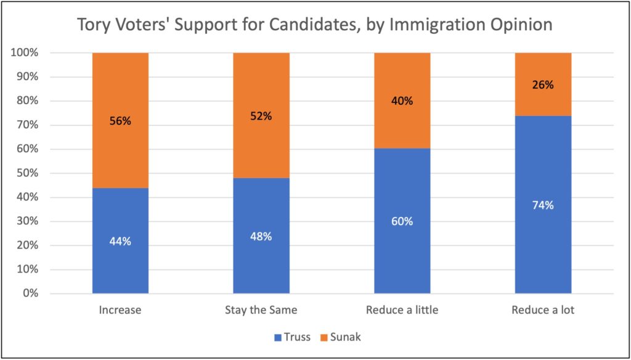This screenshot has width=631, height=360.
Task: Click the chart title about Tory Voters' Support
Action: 314,25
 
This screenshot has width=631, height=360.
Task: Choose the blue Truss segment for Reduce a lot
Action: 543,247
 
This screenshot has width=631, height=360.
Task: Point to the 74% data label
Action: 543,206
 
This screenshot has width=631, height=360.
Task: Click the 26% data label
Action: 543,85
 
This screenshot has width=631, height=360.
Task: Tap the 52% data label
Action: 261,115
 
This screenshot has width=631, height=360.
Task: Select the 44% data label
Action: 120,242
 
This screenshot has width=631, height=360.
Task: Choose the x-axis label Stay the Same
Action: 261,310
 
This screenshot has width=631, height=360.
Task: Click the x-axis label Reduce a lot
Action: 543,310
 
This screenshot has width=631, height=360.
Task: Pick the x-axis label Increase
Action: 120,310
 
